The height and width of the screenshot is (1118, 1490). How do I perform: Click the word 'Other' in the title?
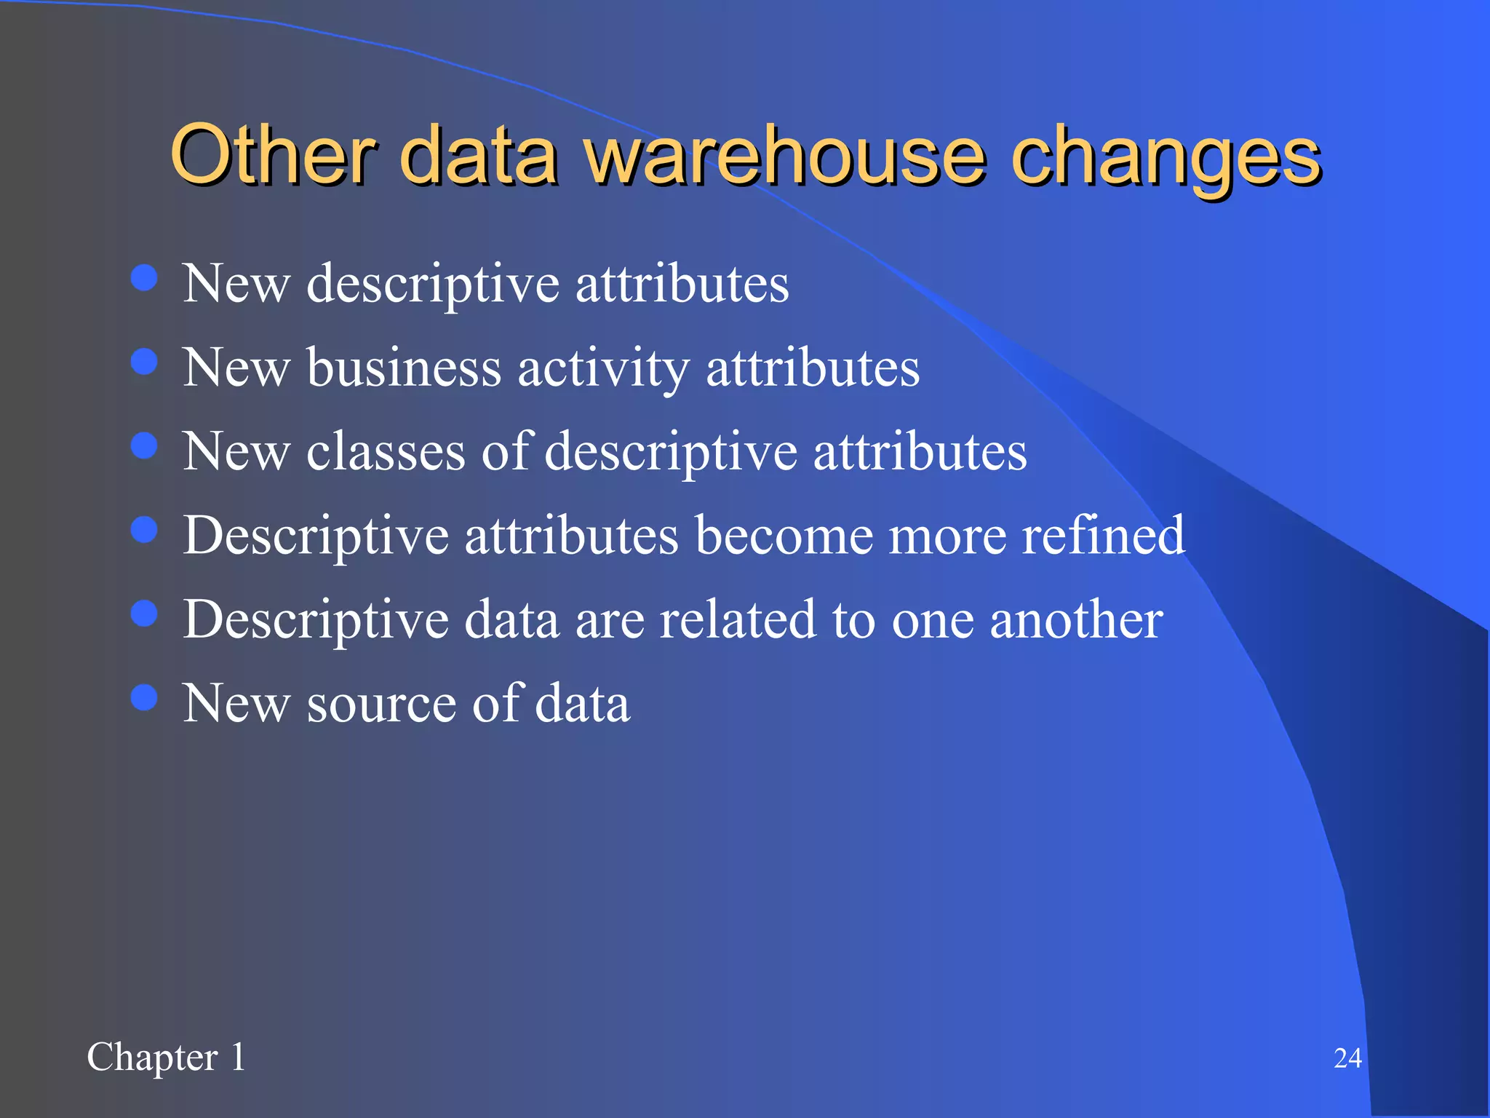click(x=273, y=154)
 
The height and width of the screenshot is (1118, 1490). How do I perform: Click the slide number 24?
click(x=1347, y=1058)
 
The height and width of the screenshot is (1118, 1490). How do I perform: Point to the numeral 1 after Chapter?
click(x=238, y=1057)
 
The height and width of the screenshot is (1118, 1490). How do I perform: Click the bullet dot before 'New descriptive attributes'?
click(x=144, y=277)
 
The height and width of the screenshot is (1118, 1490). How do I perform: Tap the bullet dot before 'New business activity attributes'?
click(x=144, y=361)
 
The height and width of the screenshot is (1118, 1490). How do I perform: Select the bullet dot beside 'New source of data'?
click(x=144, y=697)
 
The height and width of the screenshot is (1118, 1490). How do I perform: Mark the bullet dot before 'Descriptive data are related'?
click(x=144, y=613)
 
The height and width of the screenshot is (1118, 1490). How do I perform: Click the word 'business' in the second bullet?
click(x=404, y=367)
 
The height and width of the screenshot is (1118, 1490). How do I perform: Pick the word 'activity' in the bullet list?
click(x=602, y=368)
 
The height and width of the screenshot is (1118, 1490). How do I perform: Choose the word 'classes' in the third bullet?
click(x=386, y=451)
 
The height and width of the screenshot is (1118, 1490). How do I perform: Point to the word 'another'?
click(x=1076, y=619)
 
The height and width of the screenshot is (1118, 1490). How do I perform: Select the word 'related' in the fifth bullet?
click(x=738, y=619)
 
